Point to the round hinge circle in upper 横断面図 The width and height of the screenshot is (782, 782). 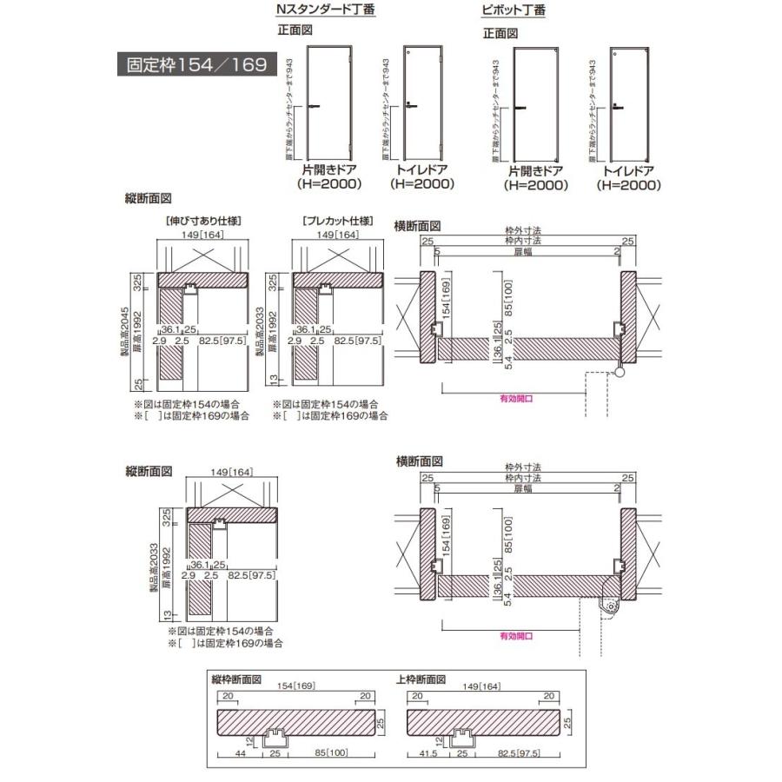tap(620, 372)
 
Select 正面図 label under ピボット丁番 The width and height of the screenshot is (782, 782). tap(500, 33)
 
